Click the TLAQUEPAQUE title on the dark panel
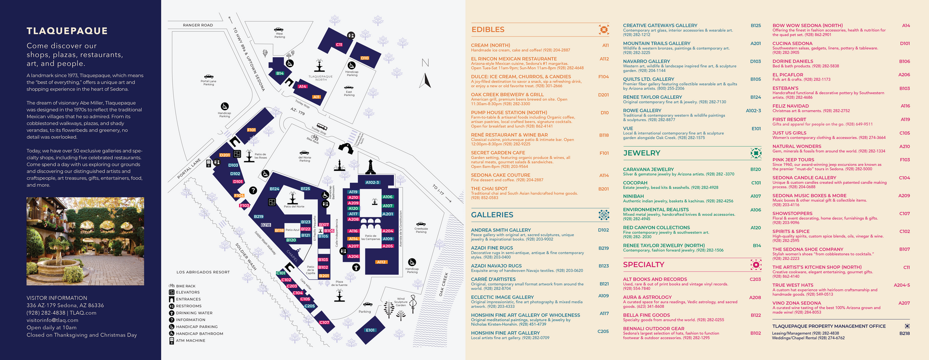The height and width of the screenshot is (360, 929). [67, 31]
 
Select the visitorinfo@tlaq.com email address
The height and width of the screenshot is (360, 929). [52, 320]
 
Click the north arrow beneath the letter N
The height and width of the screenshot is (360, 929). [425, 80]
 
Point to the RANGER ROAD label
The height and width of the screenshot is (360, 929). [197, 25]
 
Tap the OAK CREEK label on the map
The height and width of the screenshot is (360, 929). [444, 285]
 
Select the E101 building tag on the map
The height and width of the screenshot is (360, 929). [370, 330]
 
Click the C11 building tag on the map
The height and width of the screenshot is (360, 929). [339, 45]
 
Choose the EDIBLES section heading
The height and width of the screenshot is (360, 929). [488, 30]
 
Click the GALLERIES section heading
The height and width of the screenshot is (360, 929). [492, 215]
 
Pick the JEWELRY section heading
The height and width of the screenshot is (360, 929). [642, 153]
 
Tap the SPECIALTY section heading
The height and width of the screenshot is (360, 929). [644, 265]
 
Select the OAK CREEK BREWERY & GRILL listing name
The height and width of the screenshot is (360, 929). [507, 95]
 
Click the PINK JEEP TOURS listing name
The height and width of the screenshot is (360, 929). [793, 160]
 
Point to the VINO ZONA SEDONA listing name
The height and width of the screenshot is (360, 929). [796, 303]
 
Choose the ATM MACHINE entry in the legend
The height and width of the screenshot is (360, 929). [191, 341]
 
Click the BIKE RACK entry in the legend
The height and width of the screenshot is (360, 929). [186, 286]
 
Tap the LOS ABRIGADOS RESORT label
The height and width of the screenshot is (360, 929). [203, 272]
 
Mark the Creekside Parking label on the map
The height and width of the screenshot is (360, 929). [421, 230]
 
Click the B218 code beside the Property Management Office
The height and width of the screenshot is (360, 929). [904, 333]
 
